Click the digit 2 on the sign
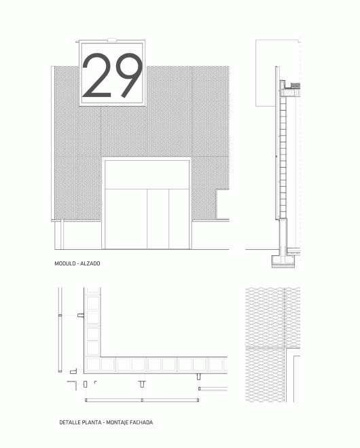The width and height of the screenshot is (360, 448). pyautogui.click(x=96, y=75)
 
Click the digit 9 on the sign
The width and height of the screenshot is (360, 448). pyautogui.click(x=129, y=75)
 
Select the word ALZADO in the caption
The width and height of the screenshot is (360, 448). pyautogui.click(x=90, y=263)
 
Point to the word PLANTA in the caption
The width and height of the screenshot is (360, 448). pyautogui.click(x=92, y=422)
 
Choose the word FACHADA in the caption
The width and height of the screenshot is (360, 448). pyautogui.click(x=141, y=422)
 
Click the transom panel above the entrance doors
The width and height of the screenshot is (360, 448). pyautogui.click(x=147, y=174)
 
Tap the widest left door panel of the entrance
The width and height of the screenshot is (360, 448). pyautogui.click(x=126, y=219)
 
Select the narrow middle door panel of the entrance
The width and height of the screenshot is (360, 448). pyautogui.click(x=158, y=219)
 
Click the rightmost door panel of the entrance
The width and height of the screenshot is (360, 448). pyautogui.click(x=179, y=219)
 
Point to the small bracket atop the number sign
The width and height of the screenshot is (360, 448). pyautogui.click(x=112, y=40)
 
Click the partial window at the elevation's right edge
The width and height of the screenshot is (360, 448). pyautogui.click(x=223, y=204)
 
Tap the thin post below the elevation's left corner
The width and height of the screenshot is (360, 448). pyautogui.click(x=62, y=235)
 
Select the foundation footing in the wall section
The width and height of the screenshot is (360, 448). pyautogui.click(x=283, y=261)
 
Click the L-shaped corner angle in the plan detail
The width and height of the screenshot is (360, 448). pyautogui.click(x=73, y=385)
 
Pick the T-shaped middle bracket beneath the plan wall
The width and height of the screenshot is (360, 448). pyautogui.click(x=142, y=384)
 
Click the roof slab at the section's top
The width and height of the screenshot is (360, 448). pyautogui.click(x=290, y=93)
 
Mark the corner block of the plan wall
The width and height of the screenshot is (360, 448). pyautogui.click(x=93, y=365)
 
